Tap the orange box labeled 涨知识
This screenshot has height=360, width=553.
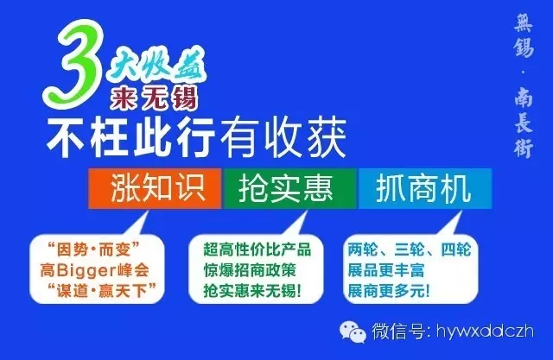[155, 188]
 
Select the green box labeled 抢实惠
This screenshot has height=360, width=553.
[289, 188]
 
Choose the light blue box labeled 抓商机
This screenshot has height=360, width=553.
[425, 188]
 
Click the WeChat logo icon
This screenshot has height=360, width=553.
[353, 332]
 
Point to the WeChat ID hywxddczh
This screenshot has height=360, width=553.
[485, 332]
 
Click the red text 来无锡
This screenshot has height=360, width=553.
[154, 98]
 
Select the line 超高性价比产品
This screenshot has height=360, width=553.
[257, 249]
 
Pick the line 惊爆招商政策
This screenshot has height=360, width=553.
[250, 270]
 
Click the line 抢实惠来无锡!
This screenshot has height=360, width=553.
[252, 291]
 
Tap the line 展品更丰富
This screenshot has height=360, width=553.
[385, 270]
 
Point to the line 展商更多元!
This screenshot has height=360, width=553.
[389, 291]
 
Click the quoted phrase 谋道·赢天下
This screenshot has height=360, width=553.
[102, 291]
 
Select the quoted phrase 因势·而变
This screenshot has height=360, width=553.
[93, 249]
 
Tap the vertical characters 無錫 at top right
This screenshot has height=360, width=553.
[524, 36]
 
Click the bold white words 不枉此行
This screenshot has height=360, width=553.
[130, 138]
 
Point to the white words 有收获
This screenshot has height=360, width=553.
[283, 138]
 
